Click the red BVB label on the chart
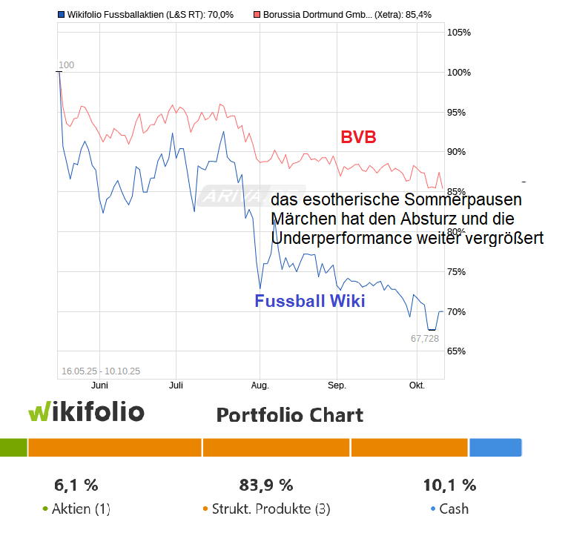[x=358, y=137]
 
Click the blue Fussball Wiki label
[x=309, y=302]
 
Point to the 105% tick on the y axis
[x=460, y=33]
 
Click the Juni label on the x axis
[x=99, y=386]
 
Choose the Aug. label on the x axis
[x=260, y=386]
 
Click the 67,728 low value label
[x=425, y=338]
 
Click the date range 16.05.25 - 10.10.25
[x=101, y=371]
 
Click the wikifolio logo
[x=86, y=412]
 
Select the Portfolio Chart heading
[x=290, y=414]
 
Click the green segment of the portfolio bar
[x=13, y=448]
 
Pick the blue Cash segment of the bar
[x=495, y=448]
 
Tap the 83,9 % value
[x=266, y=486]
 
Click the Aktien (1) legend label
[x=81, y=509]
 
